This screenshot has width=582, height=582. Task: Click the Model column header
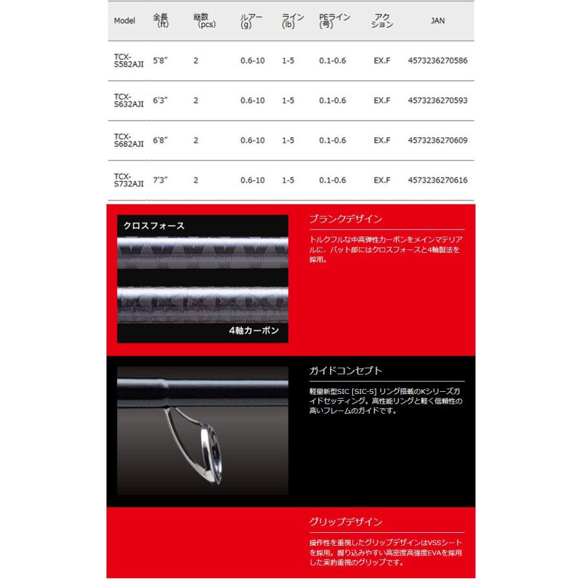click(x=124, y=21)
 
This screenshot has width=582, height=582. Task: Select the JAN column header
click(x=437, y=21)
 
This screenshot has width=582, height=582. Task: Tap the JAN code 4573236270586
click(x=438, y=61)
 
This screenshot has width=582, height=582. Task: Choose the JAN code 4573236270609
click(x=438, y=140)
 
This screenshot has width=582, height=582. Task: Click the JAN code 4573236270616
click(x=438, y=180)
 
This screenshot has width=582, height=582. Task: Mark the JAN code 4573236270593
click(x=438, y=101)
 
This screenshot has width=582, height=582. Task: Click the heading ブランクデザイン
click(x=345, y=219)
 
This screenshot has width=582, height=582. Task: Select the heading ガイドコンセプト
click(x=345, y=371)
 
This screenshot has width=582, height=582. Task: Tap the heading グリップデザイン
click(x=345, y=522)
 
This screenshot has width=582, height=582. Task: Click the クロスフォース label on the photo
click(x=154, y=226)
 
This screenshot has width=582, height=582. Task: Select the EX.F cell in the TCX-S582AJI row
click(x=382, y=61)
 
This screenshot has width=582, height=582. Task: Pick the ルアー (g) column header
click(x=251, y=21)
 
